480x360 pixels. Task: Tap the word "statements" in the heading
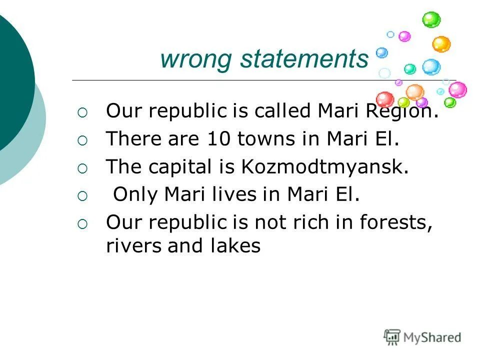coord(304,59)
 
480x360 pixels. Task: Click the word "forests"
coord(395,222)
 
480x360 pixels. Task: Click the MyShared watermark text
coord(432,337)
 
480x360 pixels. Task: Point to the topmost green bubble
coord(431,20)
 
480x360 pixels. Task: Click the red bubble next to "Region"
coord(384,99)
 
